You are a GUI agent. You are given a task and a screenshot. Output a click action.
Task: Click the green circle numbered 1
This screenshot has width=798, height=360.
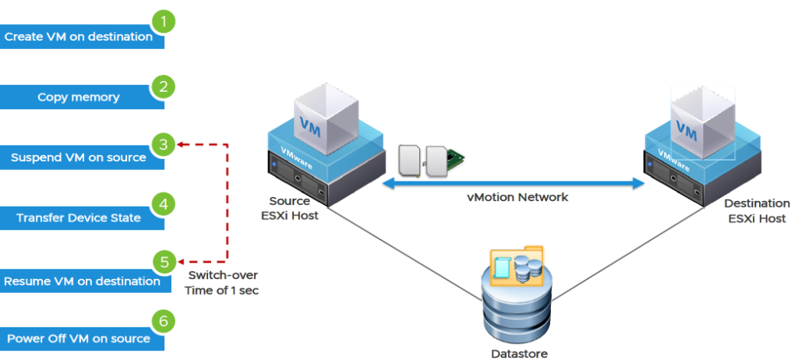point(162,21)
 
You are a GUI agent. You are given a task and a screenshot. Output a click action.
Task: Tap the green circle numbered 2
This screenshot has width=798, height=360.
point(162,86)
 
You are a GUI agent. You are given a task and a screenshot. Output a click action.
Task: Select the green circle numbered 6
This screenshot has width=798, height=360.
point(162,321)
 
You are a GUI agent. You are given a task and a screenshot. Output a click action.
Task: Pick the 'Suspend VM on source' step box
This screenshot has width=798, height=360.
point(78,157)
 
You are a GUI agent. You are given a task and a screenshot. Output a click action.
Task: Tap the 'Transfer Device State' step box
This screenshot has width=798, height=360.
point(78,218)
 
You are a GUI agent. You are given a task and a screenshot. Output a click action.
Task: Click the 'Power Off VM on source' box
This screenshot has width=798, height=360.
point(78,339)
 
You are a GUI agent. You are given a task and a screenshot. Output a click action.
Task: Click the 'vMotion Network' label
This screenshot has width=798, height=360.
point(517,198)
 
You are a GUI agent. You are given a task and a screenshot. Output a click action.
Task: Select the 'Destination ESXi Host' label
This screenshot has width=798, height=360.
point(757,211)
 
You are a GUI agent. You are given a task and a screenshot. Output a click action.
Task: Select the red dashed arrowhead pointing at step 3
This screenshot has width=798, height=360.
point(180,144)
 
